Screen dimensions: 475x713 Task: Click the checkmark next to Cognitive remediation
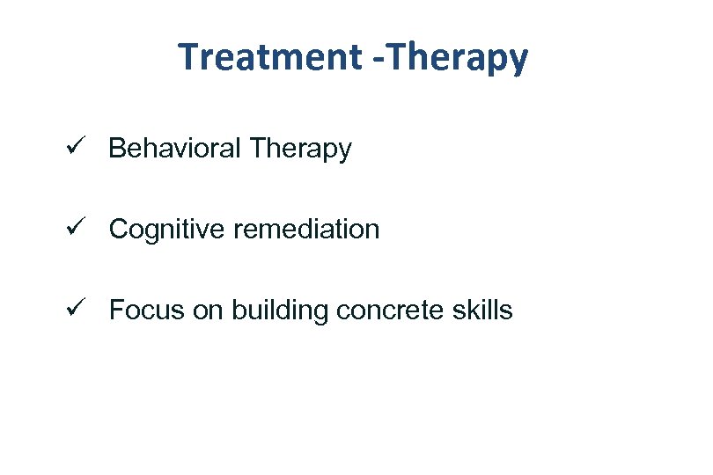click(x=74, y=229)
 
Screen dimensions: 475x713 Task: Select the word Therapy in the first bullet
click(x=299, y=150)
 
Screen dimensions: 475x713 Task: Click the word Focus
click(x=141, y=311)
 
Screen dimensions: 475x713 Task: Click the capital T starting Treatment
click(x=187, y=58)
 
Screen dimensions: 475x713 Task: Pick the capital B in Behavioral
click(x=116, y=149)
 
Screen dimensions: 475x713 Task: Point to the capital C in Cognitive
click(x=118, y=230)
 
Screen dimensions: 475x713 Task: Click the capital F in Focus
click(x=116, y=311)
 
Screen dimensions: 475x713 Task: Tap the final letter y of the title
click(x=519, y=62)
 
